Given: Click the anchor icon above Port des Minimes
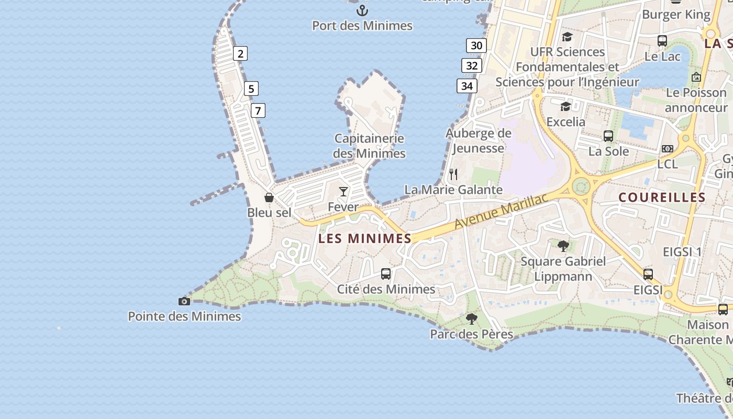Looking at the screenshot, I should click(x=362, y=10).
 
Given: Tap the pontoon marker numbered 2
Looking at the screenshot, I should click(x=240, y=53).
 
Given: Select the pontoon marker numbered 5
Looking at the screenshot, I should click(x=251, y=89).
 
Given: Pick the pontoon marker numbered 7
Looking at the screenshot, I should click(x=258, y=111).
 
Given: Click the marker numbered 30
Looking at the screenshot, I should click(x=476, y=46).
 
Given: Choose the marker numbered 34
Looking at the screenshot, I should click(x=467, y=86).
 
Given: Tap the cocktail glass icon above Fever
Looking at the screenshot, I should click(x=343, y=192).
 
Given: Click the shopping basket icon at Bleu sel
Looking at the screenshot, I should click(x=269, y=197).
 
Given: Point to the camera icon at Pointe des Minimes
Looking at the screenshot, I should click(x=184, y=301).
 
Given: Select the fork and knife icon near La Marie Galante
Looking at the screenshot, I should click(x=453, y=174).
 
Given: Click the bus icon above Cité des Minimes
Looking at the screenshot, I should click(x=386, y=273).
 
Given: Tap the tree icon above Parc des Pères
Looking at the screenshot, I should click(x=472, y=318).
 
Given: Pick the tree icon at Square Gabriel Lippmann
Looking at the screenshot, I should click(x=563, y=246).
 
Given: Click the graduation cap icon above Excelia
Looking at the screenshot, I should click(x=565, y=107).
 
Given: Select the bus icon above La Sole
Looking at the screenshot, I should click(x=608, y=136).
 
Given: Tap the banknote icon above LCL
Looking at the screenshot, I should click(x=668, y=149).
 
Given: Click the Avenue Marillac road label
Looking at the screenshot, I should click(x=501, y=211).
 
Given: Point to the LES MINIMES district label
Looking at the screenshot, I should click(x=365, y=239).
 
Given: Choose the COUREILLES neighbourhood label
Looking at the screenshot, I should click(x=662, y=197).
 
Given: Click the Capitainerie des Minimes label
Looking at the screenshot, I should click(x=369, y=146).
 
